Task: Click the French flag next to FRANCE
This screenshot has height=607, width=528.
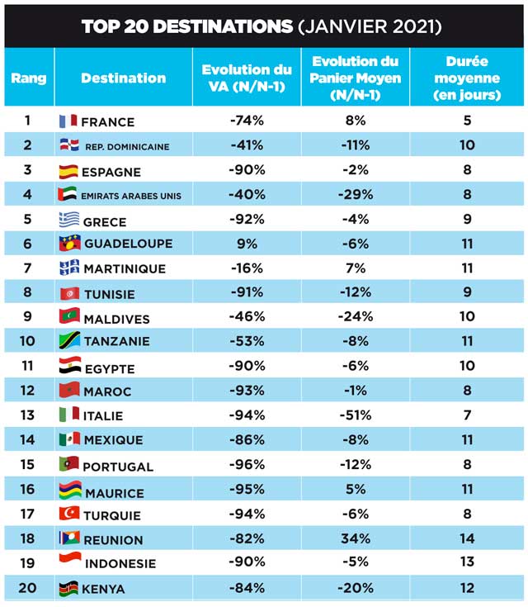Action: point(68,121)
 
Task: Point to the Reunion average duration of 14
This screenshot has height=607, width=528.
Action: point(467,538)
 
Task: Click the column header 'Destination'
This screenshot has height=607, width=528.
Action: point(123,78)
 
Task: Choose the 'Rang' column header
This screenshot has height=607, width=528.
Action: point(29,78)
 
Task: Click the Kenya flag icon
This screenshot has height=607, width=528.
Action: point(68,588)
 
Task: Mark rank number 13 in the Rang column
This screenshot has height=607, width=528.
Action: point(27,415)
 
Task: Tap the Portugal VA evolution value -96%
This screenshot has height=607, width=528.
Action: point(247,464)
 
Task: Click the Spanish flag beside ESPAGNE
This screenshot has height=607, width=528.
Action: point(68,171)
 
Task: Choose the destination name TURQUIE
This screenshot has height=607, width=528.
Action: point(113,515)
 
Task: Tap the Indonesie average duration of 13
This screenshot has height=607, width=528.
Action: point(467,563)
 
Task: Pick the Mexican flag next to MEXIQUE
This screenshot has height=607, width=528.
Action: point(68,439)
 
